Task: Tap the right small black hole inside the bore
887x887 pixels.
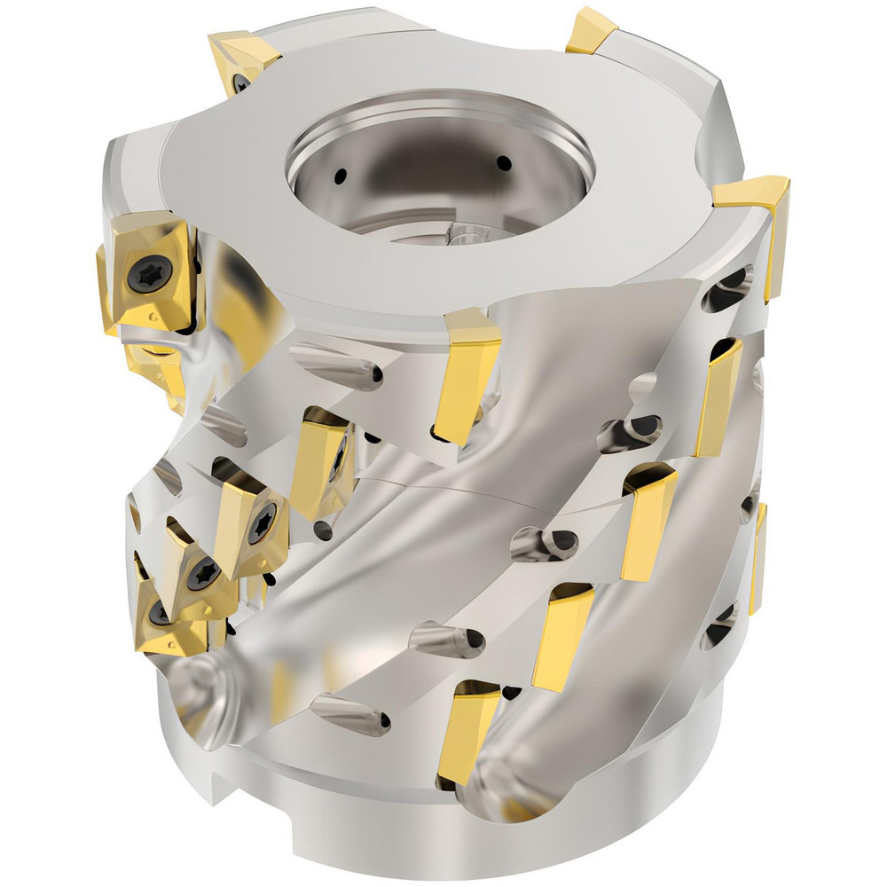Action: tap(503, 163)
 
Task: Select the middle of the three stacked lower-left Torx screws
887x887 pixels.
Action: tap(205, 572)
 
